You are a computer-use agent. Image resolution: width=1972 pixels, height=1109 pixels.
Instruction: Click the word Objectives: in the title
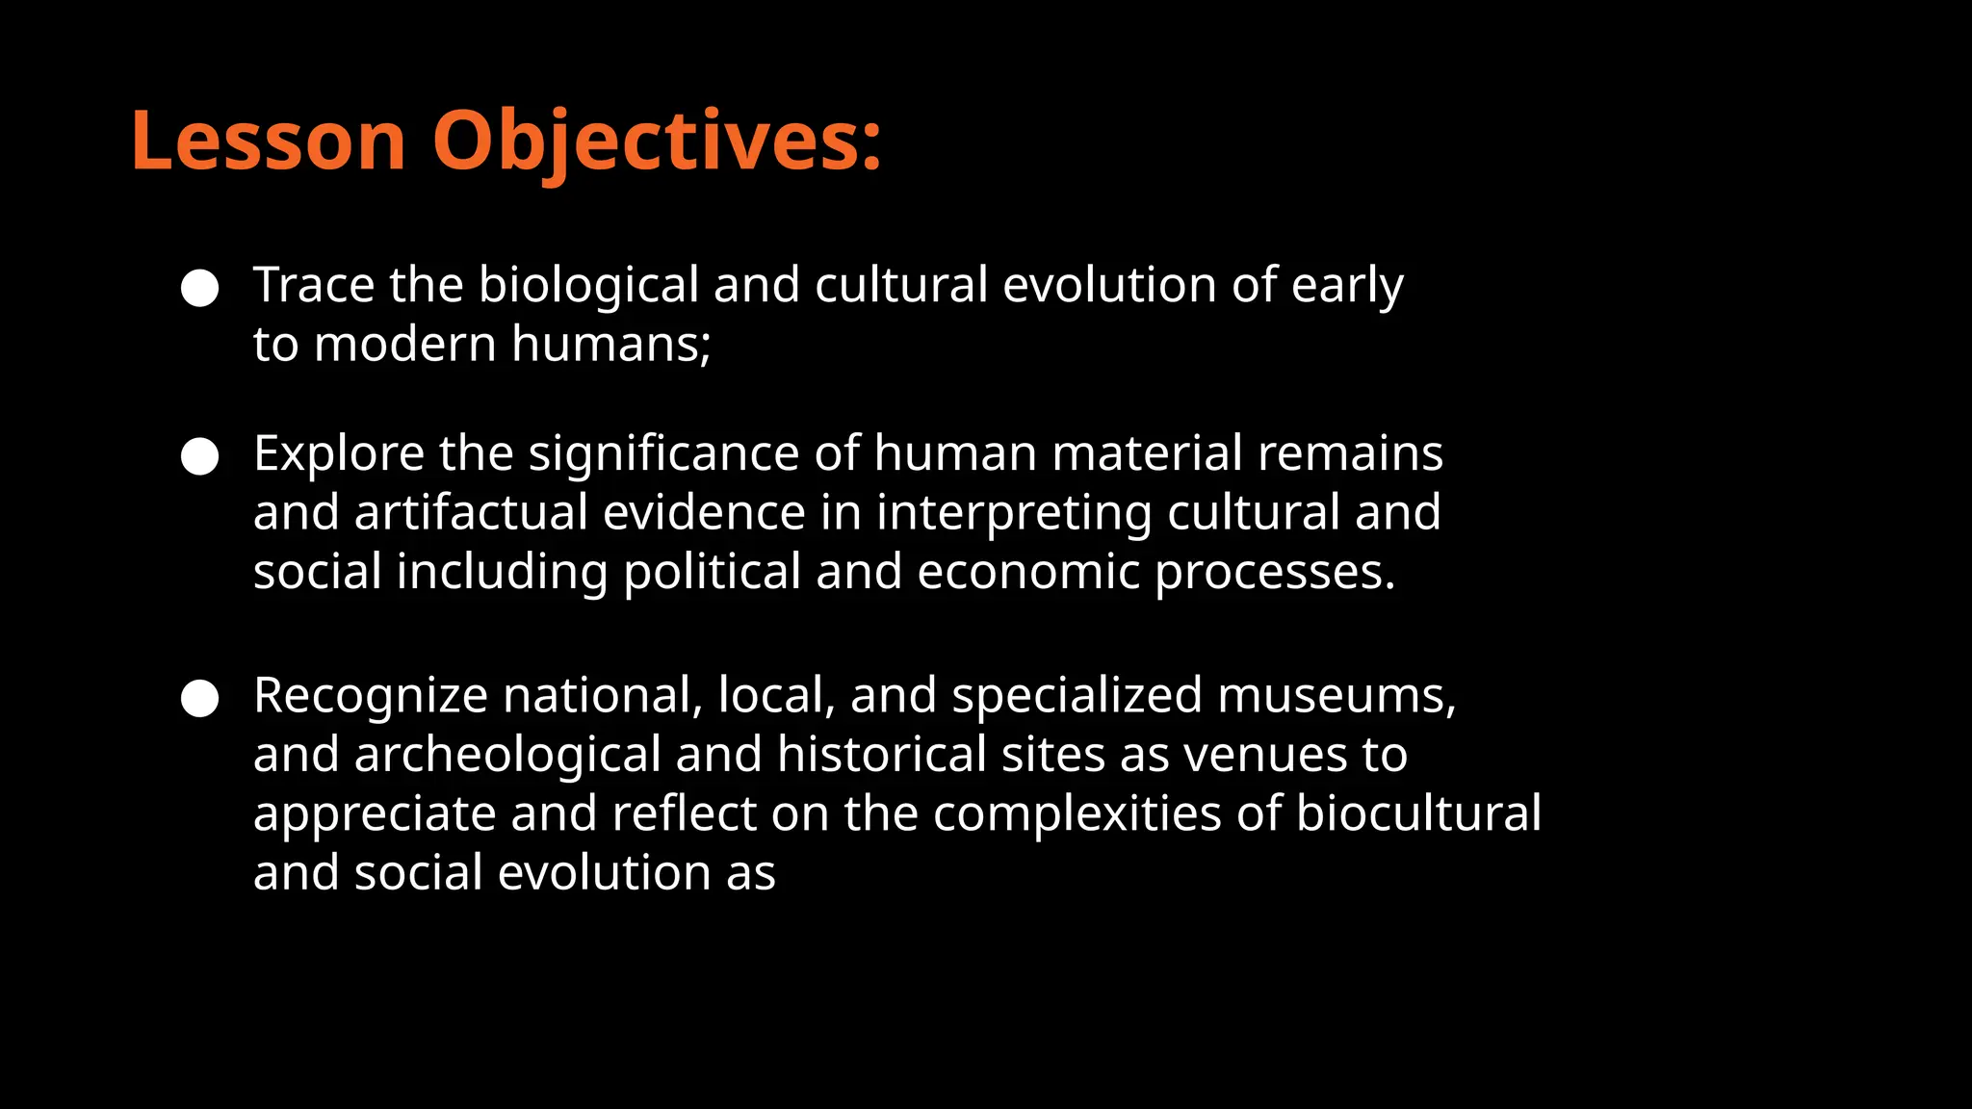coord(657,142)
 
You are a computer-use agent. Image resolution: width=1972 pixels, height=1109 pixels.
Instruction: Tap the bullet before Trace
coord(200,288)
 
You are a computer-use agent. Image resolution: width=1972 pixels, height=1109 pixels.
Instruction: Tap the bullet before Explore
coord(200,456)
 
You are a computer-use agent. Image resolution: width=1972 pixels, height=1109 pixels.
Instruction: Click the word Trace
coord(313,285)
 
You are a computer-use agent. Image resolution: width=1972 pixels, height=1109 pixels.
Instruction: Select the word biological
coord(588,285)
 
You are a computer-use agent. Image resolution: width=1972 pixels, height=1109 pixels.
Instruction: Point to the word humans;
coord(610,344)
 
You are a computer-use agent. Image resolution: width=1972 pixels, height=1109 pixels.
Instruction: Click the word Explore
coord(338,453)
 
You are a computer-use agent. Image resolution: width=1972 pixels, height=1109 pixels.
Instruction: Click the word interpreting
coord(1014,512)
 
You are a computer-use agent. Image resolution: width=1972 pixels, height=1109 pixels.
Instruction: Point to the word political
coord(712,572)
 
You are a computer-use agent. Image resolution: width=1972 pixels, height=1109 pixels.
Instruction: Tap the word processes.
coord(1274,572)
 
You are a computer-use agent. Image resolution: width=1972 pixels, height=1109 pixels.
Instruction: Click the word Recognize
coord(371,695)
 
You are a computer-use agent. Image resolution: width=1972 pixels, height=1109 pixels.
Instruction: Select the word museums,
coord(1336,695)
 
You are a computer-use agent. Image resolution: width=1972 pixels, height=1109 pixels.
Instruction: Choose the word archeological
coord(507,754)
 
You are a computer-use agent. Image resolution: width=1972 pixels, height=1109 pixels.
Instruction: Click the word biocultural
coord(1418,813)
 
